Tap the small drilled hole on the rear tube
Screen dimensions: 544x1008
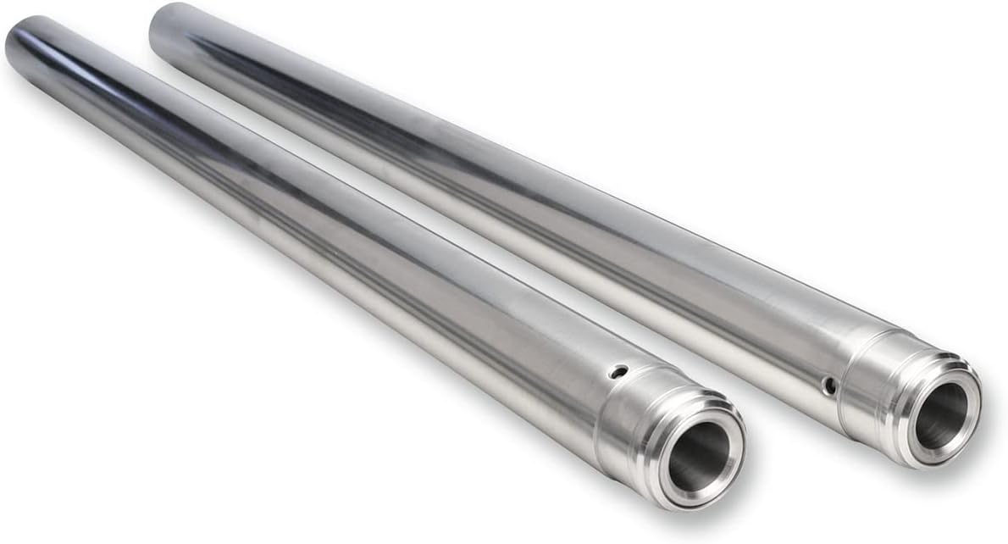tap(830, 386)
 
